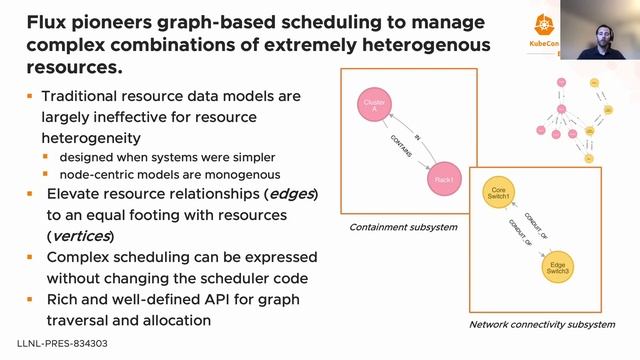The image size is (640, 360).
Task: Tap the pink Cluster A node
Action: coord(372,107)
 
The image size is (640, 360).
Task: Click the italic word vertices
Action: coord(81,236)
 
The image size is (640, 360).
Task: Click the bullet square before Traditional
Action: coord(30,97)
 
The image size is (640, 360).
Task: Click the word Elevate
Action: coord(76,193)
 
